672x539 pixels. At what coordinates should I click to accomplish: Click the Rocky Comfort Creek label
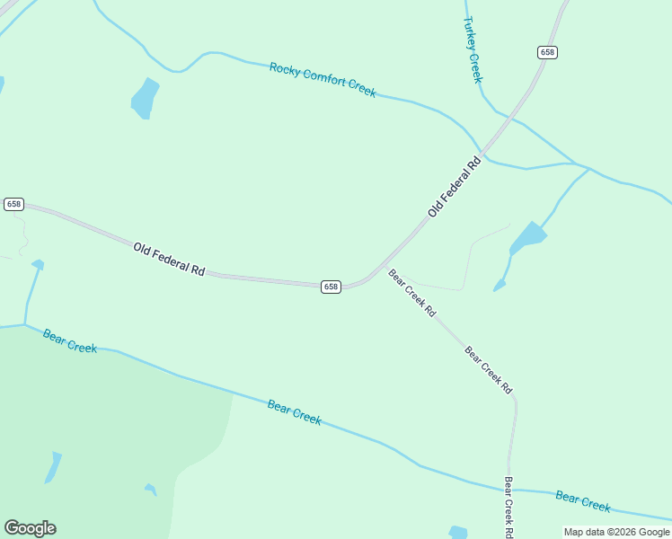[323, 80]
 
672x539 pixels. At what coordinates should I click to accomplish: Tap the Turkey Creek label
[473, 49]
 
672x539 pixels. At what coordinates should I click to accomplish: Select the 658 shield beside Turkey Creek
[548, 52]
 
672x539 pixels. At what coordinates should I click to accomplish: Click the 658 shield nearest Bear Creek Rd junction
[331, 287]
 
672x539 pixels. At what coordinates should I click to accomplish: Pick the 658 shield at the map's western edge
[13, 204]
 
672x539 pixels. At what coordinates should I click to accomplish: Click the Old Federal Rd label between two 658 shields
[170, 258]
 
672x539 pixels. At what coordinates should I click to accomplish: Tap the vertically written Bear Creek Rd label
[508, 507]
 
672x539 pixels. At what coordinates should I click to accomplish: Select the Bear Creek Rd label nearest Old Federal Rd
[411, 293]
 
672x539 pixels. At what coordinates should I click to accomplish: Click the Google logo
[30, 528]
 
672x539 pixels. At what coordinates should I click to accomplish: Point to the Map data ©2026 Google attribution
[616, 532]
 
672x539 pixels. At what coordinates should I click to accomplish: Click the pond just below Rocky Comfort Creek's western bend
[144, 98]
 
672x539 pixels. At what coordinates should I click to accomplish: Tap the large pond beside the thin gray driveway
[528, 238]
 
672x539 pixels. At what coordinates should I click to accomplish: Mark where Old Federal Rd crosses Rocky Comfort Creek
[484, 152]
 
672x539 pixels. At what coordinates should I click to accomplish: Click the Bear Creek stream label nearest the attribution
[583, 500]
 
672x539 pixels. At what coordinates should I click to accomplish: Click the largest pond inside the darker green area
[53, 468]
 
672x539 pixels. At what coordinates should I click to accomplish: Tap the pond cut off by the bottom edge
[458, 532]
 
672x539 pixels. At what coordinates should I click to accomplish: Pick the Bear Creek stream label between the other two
[294, 412]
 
